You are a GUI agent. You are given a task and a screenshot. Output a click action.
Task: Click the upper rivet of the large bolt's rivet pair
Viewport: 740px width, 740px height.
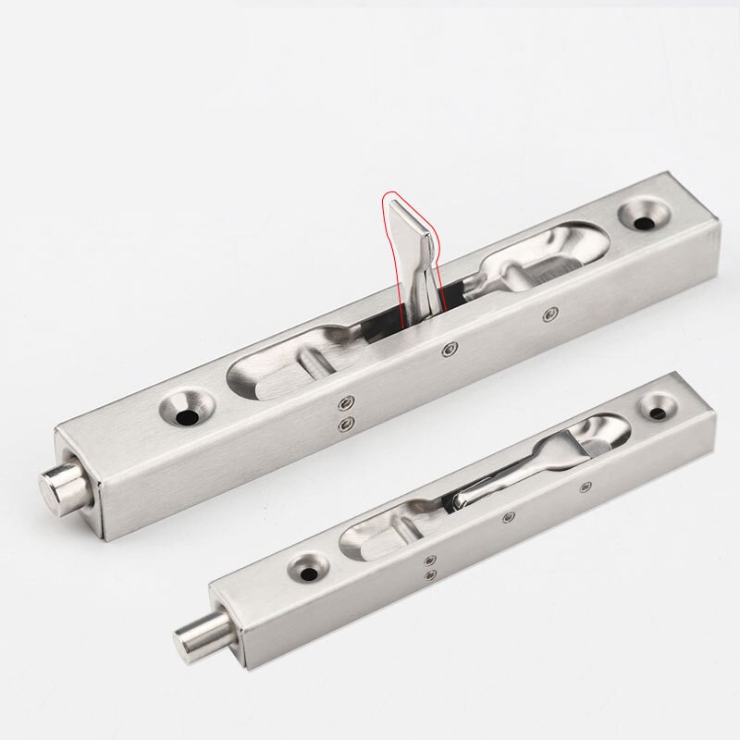pyautogui.click(x=347, y=401)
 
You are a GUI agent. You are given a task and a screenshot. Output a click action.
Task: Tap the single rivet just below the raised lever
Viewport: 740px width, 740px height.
pyautogui.click(x=449, y=349)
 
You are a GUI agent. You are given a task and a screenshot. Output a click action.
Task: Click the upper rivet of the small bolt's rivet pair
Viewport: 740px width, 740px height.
pyautogui.click(x=428, y=559)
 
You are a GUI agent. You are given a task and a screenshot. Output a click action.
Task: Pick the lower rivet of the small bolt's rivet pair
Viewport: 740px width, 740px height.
pyautogui.click(x=428, y=574)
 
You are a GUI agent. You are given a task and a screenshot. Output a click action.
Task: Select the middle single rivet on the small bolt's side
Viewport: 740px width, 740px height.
pyautogui.click(x=505, y=520)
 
